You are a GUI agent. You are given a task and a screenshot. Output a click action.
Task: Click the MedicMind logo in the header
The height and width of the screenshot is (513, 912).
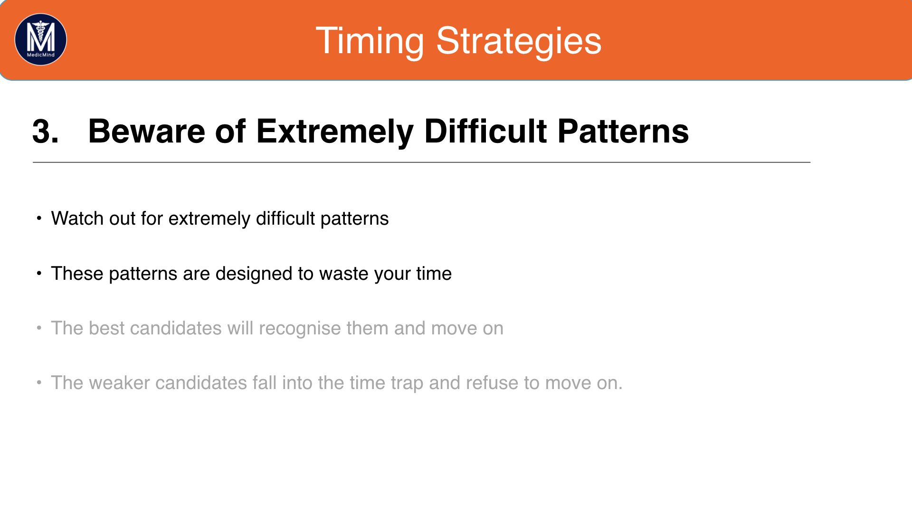point(41,39)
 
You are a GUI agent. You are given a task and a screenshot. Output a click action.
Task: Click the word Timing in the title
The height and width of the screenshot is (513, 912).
point(370,42)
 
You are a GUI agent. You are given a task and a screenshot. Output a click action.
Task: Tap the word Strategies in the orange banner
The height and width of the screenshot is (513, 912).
point(519,42)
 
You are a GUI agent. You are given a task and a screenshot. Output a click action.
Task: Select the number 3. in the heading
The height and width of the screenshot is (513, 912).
point(46,131)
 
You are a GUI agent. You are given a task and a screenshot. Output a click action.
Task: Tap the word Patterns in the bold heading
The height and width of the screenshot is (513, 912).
point(623,131)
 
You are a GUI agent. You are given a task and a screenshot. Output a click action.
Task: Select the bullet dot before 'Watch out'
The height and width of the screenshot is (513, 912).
point(39,218)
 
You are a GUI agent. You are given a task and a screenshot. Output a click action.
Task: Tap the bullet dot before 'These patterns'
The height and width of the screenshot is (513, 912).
point(39,274)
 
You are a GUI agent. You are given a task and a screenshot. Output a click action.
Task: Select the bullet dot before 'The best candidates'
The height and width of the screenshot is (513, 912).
point(39,328)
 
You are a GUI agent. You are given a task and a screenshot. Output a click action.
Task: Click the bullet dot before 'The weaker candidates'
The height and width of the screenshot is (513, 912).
point(39,383)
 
